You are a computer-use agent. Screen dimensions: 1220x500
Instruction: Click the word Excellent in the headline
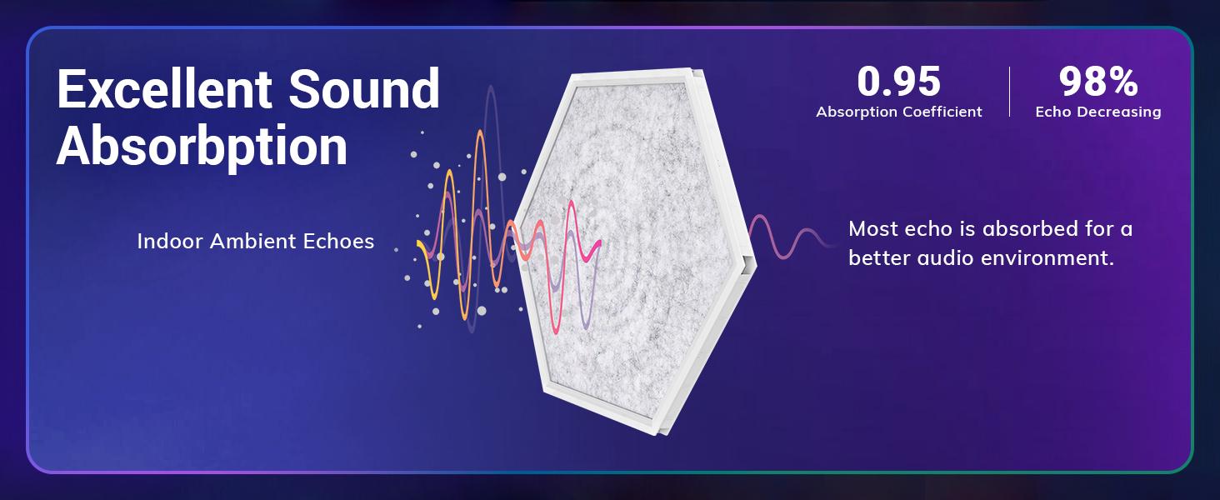[164, 88]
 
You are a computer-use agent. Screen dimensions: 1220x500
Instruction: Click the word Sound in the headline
[364, 88]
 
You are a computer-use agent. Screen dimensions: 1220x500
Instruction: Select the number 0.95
[898, 82]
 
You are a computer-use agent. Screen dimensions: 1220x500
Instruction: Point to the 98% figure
[1098, 82]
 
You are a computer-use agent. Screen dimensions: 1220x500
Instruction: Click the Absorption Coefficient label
[899, 112]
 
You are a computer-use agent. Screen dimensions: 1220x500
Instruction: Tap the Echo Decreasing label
[1098, 112]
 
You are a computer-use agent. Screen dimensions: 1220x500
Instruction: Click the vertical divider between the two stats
[1009, 92]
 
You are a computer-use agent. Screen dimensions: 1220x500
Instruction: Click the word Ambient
[252, 242]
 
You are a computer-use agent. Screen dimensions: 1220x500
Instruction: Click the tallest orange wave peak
[480, 132]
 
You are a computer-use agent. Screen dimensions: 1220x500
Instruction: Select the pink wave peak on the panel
[572, 202]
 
